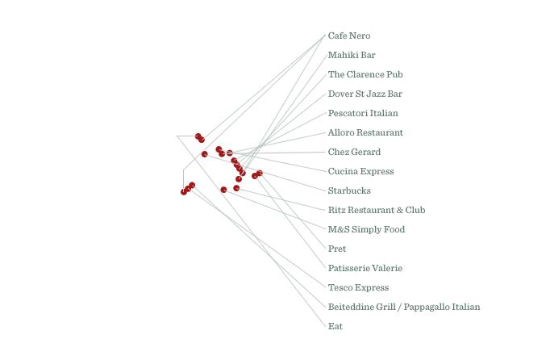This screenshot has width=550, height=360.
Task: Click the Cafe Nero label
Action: (349, 36)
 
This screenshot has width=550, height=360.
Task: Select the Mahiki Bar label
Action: (352, 55)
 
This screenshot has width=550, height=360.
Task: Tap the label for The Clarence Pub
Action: (365, 74)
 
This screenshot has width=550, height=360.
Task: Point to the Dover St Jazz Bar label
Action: (365, 94)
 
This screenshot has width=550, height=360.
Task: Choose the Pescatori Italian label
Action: (363, 113)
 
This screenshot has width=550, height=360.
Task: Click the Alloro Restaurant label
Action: (365, 132)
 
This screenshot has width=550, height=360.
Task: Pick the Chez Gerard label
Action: (354, 152)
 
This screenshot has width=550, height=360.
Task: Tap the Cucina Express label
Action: (361, 171)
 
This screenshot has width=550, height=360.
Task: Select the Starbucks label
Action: (349, 190)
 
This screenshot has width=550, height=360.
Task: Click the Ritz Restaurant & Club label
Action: (377, 210)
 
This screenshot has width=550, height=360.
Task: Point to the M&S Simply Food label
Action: (366, 230)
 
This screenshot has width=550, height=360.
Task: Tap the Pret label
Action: (337, 249)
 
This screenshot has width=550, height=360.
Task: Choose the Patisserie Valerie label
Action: (365, 268)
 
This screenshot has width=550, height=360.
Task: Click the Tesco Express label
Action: (358, 287)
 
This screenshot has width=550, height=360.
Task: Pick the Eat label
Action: (335, 326)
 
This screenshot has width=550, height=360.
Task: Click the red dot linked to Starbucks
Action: (205, 154)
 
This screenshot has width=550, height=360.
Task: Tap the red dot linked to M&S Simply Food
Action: (223, 190)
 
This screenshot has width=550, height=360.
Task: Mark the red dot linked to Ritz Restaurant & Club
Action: (236, 188)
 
